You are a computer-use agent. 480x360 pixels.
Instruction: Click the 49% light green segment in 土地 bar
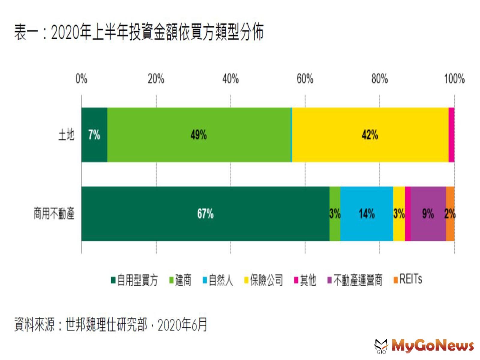(199, 135)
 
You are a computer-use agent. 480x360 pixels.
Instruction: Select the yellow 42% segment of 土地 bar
(370, 135)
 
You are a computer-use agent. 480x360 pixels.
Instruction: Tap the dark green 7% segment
(94, 135)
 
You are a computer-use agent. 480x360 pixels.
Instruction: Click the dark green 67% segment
(205, 214)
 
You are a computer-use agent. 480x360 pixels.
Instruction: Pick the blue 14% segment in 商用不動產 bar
(367, 214)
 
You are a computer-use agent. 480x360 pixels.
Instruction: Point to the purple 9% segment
(428, 214)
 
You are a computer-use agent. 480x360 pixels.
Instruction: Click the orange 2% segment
(450, 214)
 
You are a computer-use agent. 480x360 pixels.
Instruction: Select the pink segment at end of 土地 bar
(451, 135)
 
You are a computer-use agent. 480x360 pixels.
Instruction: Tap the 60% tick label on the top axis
(305, 79)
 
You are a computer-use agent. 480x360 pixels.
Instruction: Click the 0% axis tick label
(81, 79)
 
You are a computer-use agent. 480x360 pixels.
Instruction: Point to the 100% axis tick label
(454, 79)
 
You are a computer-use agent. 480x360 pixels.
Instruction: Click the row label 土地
(66, 135)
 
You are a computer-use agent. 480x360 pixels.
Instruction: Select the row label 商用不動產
(54, 214)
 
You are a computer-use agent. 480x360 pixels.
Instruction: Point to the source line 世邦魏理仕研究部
(106, 325)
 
